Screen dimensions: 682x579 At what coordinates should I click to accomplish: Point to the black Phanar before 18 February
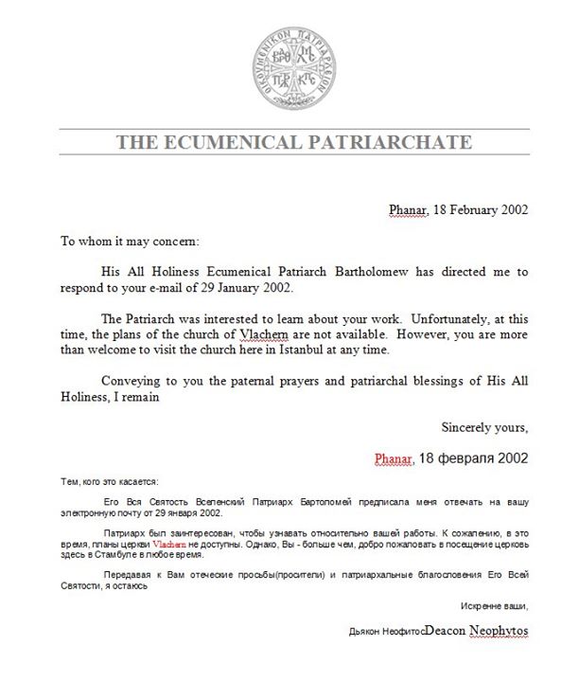point(409,210)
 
